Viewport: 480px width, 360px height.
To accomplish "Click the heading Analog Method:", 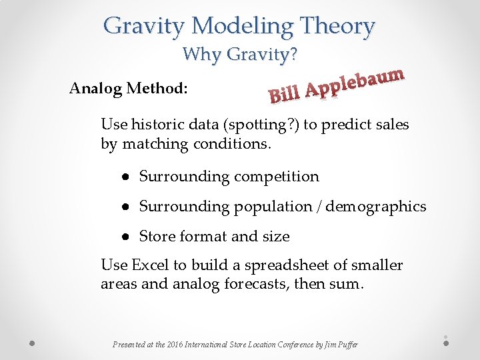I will tap(128, 88).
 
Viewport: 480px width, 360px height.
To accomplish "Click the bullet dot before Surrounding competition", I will tap(125, 177).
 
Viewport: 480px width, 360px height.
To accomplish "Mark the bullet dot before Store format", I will tap(125, 237).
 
